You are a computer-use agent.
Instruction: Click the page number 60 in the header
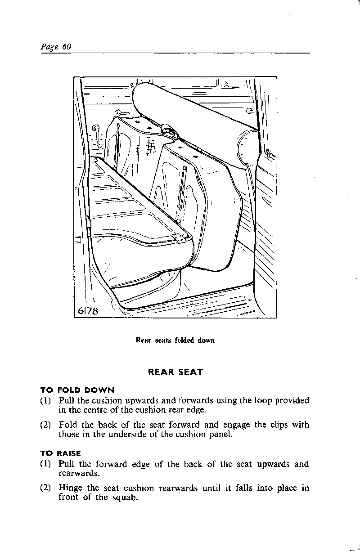click(x=67, y=47)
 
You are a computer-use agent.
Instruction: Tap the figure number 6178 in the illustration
click(x=88, y=311)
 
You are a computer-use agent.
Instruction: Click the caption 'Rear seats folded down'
click(x=175, y=340)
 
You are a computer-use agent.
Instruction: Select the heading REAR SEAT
click(x=175, y=372)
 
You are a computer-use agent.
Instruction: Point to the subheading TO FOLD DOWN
click(x=77, y=390)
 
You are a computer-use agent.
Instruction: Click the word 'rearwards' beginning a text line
click(x=77, y=473)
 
